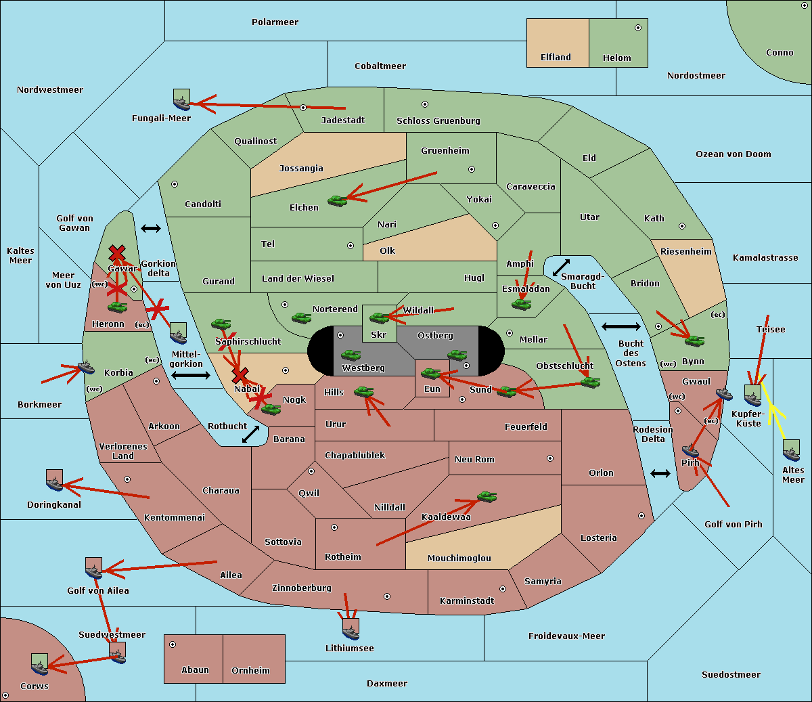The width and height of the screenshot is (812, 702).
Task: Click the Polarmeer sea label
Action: (x=275, y=22)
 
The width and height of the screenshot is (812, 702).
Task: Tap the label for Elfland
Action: (x=556, y=58)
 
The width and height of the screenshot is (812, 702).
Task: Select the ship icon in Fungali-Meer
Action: (x=181, y=100)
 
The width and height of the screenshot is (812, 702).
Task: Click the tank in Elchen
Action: (x=338, y=201)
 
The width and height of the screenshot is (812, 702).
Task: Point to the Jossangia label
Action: (x=301, y=169)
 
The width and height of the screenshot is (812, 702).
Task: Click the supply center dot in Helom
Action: (x=638, y=28)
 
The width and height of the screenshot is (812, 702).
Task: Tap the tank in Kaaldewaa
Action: (x=487, y=496)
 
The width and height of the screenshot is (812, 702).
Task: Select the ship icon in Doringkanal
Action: (x=54, y=480)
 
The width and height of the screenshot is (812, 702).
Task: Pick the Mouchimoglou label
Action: (x=459, y=558)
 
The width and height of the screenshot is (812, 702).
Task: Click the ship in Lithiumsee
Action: (x=351, y=630)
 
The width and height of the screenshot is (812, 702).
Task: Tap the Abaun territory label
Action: (x=196, y=670)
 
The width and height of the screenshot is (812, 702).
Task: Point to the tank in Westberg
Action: (x=351, y=355)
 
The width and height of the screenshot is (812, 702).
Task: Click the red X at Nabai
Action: (x=240, y=375)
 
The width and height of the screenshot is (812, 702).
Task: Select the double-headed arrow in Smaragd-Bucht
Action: (x=561, y=267)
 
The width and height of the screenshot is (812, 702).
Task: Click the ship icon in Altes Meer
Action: (x=791, y=450)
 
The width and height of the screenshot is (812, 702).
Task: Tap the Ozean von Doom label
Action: (x=734, y=154)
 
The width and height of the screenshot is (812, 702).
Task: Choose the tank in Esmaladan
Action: (x=521, y=304)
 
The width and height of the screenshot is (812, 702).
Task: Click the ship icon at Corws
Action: (x=39, y=664)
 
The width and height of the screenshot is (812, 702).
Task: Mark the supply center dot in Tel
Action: (x=351, y=246)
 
